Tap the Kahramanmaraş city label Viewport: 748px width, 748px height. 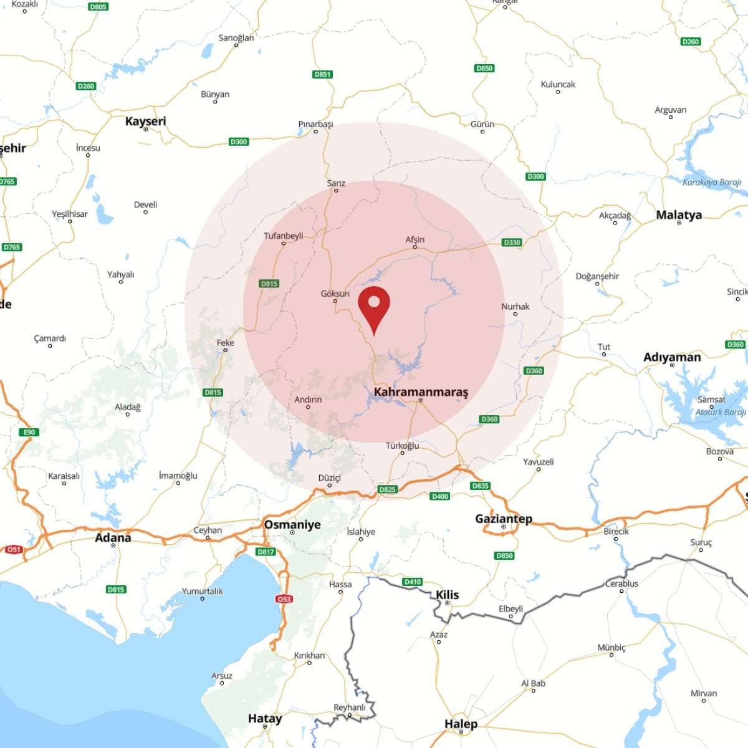coord(421,392)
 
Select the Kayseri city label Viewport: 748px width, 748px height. coord(146,121)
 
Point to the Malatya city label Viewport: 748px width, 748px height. coord(679,215)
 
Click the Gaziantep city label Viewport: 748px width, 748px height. coord(504,519)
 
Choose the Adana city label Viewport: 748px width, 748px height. coord(113,537)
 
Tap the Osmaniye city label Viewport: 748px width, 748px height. coord(292,524)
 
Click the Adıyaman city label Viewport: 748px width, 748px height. coord(672,357)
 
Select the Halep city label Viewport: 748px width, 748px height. coord(461,724)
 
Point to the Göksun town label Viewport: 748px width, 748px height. coord(335,294)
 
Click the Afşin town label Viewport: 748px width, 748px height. coord(415,239)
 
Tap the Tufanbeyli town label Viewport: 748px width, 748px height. coord(284,236)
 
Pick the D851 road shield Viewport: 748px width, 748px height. coord(322,74)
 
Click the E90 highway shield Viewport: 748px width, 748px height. coord(29,432)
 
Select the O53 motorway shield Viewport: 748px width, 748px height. coord(284,599)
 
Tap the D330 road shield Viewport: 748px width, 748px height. coord(512,242)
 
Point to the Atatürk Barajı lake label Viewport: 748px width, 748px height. coord(721,412)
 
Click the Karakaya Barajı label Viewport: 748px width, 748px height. coord(712,183)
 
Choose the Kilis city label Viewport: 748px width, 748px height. coord(448,595)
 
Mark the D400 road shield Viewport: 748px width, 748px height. coord(440,496)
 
